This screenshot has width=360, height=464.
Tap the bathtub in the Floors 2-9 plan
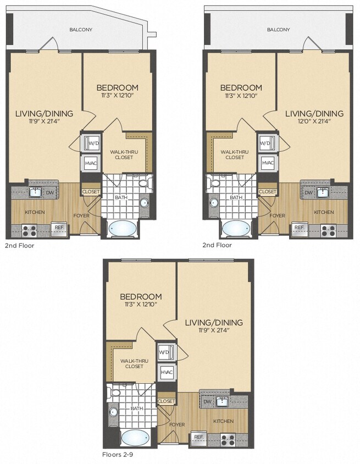point(135,438)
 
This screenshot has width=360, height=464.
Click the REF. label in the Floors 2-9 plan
point(198,437)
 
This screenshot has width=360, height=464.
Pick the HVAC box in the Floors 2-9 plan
point(167,372)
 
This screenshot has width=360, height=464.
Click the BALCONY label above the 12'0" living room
point(278,30)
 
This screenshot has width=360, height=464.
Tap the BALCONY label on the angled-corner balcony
point(80,30)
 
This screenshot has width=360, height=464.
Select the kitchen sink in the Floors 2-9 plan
point(223,401)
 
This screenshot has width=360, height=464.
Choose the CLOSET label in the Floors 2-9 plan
point(167,401)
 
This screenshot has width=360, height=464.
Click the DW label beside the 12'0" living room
point(308,192)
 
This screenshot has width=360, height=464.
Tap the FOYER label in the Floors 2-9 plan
point(176,424)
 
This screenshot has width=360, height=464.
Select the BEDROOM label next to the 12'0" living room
point(241,88)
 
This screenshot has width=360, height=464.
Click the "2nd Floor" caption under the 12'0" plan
point(217,245)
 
